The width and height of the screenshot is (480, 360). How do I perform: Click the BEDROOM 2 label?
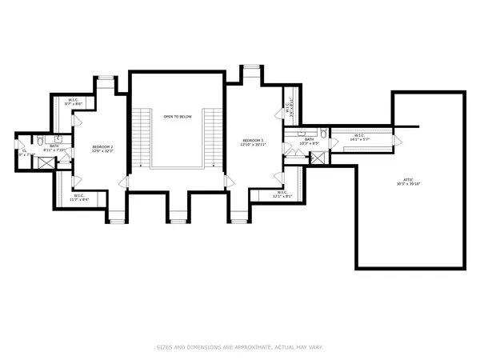click(102, 146)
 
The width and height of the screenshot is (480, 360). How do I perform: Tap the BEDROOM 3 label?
click(253, 141)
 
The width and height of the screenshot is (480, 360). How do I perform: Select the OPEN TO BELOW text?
click(178, 117)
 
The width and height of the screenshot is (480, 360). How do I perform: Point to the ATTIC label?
click(409, 179)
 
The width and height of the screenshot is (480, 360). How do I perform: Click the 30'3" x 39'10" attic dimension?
click(409, 184)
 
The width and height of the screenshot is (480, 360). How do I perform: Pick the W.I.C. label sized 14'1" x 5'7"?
click(361, 135)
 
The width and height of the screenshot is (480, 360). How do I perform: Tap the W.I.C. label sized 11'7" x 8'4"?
click(80, 195)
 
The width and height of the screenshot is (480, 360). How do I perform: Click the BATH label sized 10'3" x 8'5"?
click(310, 139)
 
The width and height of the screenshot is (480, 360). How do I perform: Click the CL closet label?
click(26, 150)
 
